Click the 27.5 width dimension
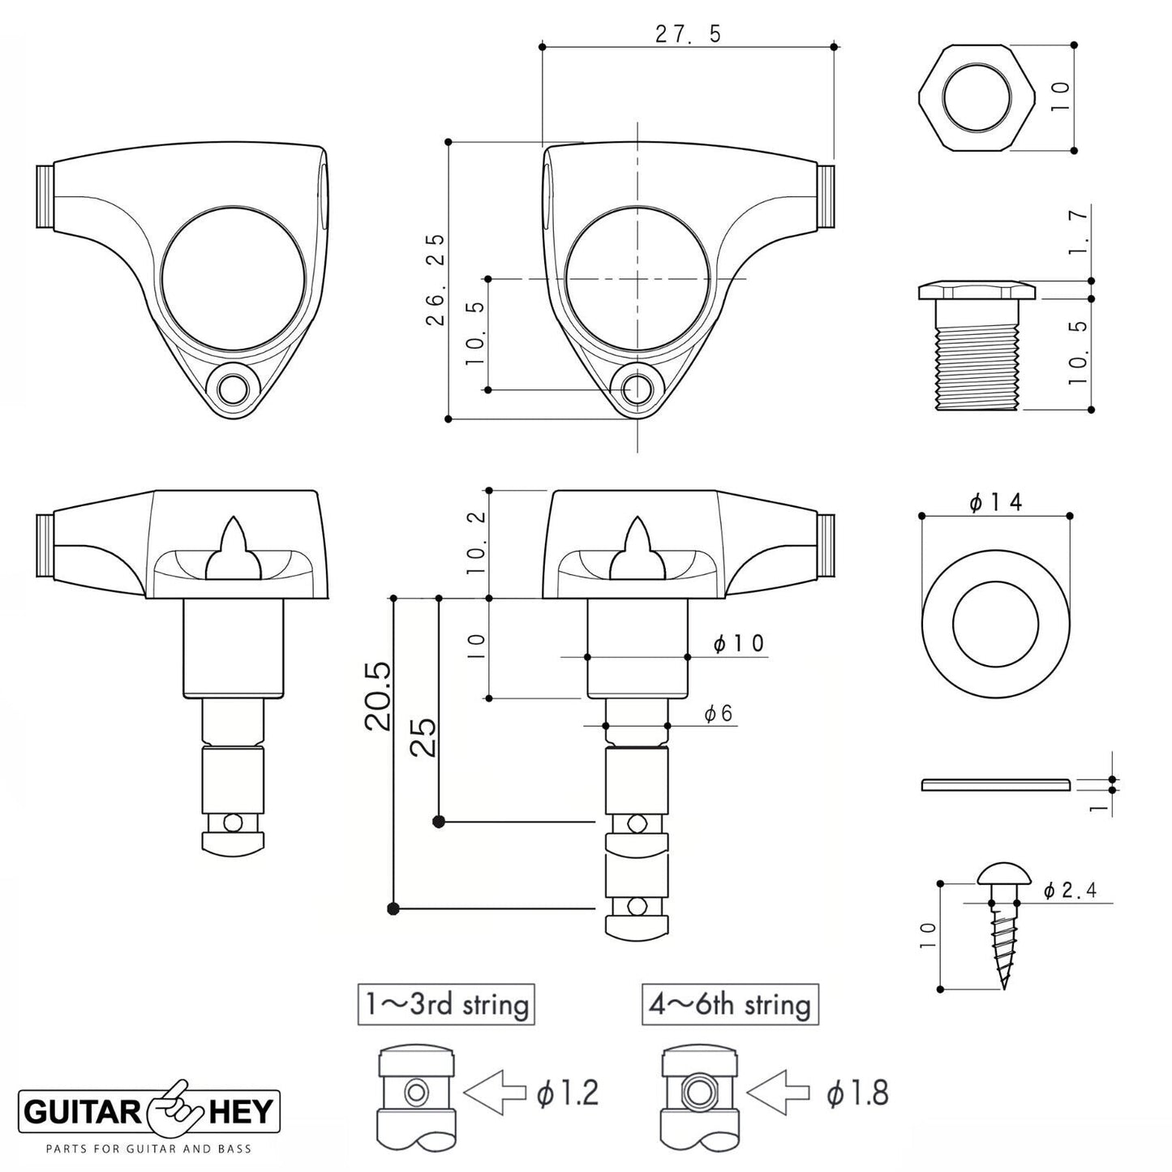click(x=687, y=34)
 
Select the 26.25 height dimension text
click(x=436, y=279)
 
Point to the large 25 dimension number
click(x=424, y=736)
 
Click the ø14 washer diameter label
click(x=995, y=503)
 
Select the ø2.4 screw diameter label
click(x=1070, y=891)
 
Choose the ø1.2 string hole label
click(x=567, y=1094)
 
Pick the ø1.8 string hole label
click(x=857, y=1094)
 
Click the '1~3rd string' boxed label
click(x=446, y=1005)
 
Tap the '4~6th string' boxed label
click(x=730, y=1005)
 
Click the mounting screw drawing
click(x=1003, y=925)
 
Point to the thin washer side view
click(x=996, y=784)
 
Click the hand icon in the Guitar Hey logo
click(x=171, y=1108)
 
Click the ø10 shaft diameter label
click(x=738, y=644)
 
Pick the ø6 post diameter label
click(x=718, y=714)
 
